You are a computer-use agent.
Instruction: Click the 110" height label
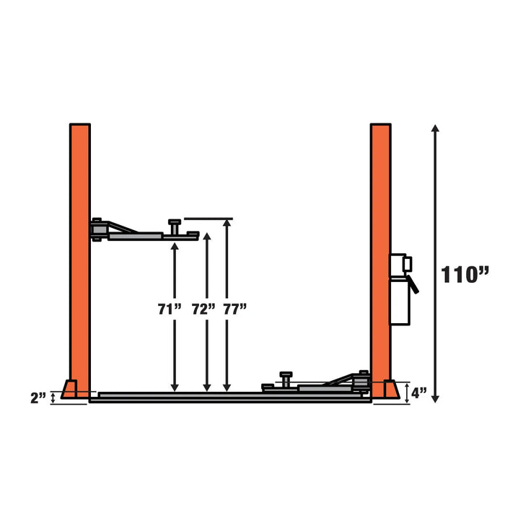[465, 274]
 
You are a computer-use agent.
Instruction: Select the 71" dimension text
[170, 309]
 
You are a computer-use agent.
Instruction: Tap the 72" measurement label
[203, 309]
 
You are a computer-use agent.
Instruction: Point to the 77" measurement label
[234, 309]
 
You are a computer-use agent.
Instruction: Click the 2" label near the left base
[38, 397]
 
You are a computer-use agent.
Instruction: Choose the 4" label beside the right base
[420, 394]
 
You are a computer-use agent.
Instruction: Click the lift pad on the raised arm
[175, 224]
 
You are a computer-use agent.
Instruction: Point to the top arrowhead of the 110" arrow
[435, 129]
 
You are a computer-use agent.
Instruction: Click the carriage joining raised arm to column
[99, 229]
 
